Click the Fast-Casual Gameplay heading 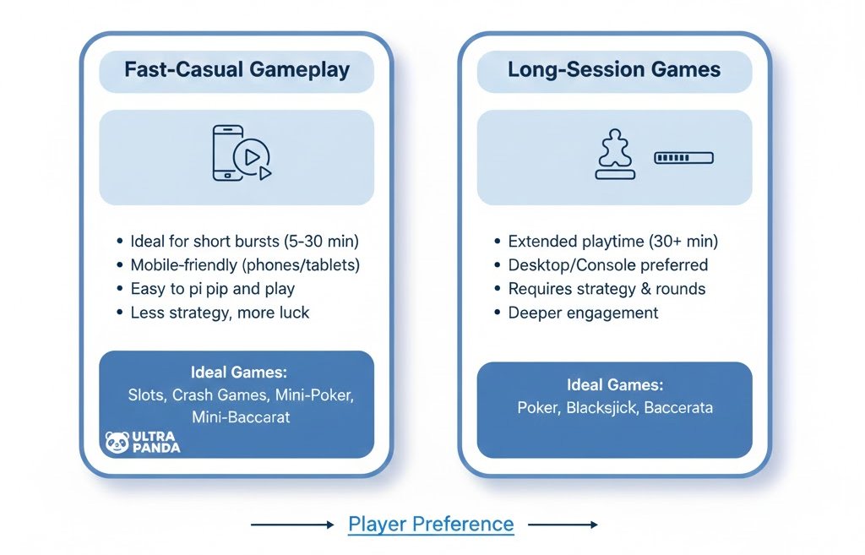point(237,69)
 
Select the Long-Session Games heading point(614,69)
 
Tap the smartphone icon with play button point(240,154)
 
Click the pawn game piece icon point(615,155)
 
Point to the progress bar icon point(683,158)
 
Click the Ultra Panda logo point(142,442)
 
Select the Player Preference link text point(431,524)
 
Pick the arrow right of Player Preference point(563,525)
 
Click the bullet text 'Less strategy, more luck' point(220,313)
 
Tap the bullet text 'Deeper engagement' point(583,313)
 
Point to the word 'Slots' point(147,394)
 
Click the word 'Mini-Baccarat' point(241,416)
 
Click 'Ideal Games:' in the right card point(615,384)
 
